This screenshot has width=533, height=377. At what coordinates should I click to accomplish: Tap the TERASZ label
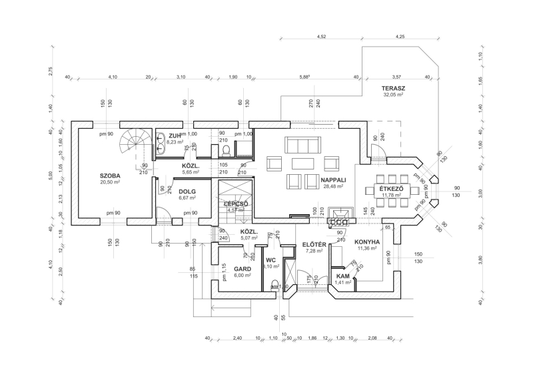[394, 88]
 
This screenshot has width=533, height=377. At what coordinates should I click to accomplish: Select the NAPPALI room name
[331, 179]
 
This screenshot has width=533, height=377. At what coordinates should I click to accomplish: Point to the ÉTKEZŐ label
[392, 189]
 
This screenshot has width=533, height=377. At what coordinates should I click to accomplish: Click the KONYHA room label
[367, 242]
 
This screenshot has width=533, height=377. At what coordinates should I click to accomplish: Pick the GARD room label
[242, 269]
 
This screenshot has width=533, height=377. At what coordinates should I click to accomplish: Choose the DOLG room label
[187, 191]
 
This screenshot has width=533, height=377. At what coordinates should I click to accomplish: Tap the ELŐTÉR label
[313, 244]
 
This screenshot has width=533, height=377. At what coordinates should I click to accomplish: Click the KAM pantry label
[343, 276]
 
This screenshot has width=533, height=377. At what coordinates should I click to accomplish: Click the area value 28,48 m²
[331, 187]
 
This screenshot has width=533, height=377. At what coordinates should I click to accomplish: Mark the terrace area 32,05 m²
[394, 95]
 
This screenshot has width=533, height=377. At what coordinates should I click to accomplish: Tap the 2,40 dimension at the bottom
[237, 338]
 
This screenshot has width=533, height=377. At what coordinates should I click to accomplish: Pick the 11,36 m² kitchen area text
[367, 249]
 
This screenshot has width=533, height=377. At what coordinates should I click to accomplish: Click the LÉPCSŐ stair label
[236, 204]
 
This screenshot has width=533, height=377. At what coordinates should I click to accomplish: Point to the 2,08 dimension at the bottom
[372, 338]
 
